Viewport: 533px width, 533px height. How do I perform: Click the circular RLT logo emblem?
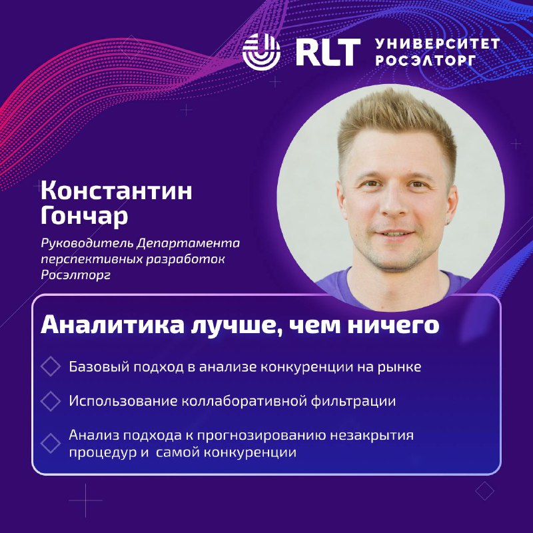[x=261, y=52]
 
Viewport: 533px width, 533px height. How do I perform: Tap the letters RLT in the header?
[x=328, y=52]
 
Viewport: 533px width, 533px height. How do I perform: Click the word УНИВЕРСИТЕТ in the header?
[x=437, y=44]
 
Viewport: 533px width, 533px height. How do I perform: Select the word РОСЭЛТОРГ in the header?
[x=426, y=60]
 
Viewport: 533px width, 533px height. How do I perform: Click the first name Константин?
[x=116, y=191]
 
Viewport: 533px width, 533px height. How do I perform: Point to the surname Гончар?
[x=85, y=215]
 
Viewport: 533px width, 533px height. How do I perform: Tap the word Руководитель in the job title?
[x=87, y=243]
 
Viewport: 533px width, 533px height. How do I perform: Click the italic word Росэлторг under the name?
[x=75, y=274]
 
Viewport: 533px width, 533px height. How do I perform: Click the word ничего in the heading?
[x=393, y=326]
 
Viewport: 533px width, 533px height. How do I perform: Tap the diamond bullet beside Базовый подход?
[x=51, y=366]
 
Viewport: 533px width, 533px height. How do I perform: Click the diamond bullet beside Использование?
[x=51, y=401]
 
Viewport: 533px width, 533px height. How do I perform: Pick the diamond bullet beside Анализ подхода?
[x=51, y=443]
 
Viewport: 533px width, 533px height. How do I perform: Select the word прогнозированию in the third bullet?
[x=261, y=436]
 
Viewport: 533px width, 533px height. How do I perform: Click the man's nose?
[x=393, y=204]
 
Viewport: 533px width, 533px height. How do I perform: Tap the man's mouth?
[x=394, y=234]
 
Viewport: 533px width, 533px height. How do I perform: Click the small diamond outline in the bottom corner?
[x=485, y=491]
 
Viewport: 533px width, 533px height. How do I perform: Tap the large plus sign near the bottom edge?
[x=85, y=500]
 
